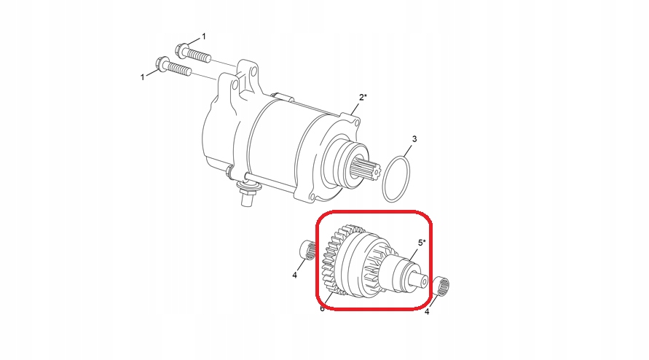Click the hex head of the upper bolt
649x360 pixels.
coord(181,50)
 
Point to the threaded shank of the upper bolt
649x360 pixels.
coord(199,55)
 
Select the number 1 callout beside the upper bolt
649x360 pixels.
coord(203,37)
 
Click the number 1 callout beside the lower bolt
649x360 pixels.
coord(142,77)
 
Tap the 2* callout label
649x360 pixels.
coord(363,98)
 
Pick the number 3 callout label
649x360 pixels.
coord(414,138)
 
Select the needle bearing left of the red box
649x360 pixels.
coord(308,250)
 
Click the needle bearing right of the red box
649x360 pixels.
coord(443,286)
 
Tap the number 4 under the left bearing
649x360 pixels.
coord(295,275)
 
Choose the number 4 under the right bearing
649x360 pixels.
coord(427,311)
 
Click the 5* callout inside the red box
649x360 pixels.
coord(421,243)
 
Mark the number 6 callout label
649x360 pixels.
coord(322,308)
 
